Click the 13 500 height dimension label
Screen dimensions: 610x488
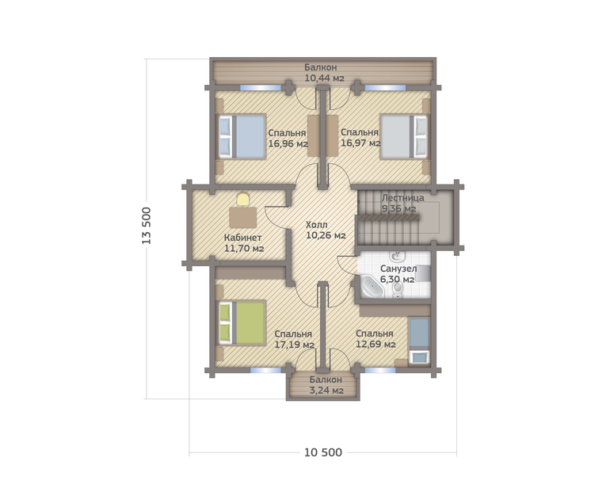(x=147, y=226)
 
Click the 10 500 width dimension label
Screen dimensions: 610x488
(x=323, y=452)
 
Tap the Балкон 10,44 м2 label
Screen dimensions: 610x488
(x=324, y=73)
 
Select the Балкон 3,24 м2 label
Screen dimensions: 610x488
(x=326, y=385)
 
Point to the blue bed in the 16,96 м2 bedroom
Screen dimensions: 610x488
(x=242, y=136)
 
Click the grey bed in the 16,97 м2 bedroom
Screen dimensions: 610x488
(x=404, y=136)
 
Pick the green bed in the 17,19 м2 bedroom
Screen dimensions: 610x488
(x=242, y=323)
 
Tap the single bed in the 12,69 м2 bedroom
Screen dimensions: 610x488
(x=419, y=341)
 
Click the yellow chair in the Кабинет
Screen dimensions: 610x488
(x=243, y=199)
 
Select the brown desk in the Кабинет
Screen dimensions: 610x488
(x=242, y=218)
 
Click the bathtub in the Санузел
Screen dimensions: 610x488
(x=372, y=286)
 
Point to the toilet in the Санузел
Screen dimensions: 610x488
(x=397, y=289)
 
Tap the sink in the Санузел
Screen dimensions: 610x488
(x=397, y=257)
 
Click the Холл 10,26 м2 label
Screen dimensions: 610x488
(x=326, y=230)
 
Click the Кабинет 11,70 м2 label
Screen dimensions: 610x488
(x=244, y=243)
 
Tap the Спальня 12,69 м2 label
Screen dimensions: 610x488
(x=376, y=339)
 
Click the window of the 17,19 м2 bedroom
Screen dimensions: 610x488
(x=265, y=371)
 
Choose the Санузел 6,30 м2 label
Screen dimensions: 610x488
(x=398, y=274)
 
